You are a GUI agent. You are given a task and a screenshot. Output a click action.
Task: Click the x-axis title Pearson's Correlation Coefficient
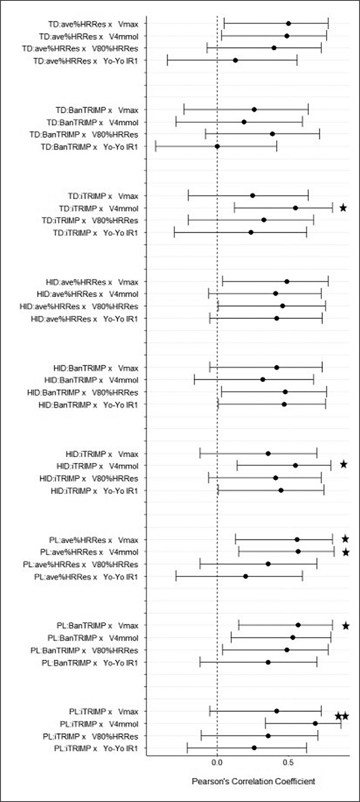click(253, 781)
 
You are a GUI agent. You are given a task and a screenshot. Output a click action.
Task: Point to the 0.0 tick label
click(217, 762)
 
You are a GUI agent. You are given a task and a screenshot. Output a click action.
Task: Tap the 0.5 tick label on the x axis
click(288, 762)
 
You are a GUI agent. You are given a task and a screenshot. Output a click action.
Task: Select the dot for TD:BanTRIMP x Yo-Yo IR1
click(217, 146)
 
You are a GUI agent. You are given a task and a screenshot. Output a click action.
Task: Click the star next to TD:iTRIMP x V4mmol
click(343, 208)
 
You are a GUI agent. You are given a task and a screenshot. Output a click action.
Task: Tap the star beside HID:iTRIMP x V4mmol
click(343, 465)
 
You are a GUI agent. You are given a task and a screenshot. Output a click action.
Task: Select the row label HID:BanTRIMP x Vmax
click(96, 368)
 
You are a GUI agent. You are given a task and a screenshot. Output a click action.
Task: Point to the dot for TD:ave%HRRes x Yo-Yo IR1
click(235, 60)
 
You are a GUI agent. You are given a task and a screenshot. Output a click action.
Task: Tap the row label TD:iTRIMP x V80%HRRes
click(90, 221)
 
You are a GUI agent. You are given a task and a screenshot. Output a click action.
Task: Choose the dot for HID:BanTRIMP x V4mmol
click(263, 380)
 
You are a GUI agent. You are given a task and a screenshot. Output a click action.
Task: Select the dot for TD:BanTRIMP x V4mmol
click(244, 122)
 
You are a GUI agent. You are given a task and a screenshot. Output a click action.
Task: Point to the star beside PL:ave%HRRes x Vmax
click(345, 540)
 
